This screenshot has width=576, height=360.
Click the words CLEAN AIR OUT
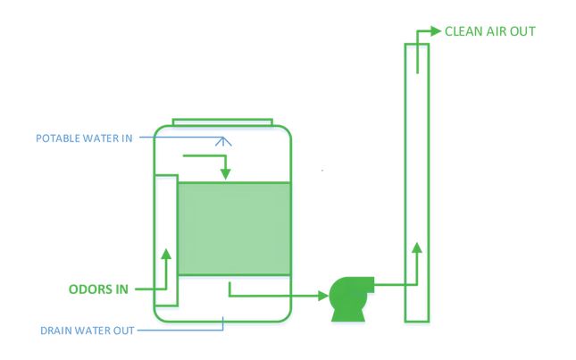(x=489, y=31)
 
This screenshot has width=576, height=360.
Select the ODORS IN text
(x=99, y=289)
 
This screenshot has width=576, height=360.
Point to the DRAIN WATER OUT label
(x=87, y=331)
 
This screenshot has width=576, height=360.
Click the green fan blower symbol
(x=347, y=291)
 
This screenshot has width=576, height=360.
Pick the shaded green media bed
(x=234, y=229)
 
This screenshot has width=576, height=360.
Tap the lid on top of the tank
(x=222, y=121)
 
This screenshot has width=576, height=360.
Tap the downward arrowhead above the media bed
(x=226, y=172)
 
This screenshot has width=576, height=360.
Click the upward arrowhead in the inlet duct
(x=166, y=254)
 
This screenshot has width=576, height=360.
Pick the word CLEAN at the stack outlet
(x=464, y=31)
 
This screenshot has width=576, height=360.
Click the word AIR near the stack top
(x=498, y=31)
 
